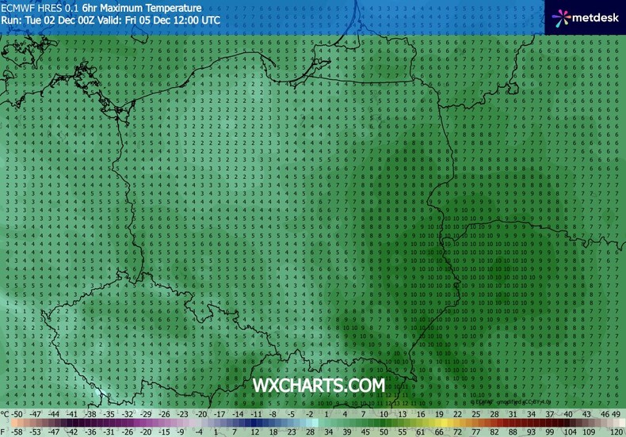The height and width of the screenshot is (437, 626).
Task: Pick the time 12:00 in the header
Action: (x=183, y=19)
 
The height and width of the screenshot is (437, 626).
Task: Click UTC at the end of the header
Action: (x=211, y=19)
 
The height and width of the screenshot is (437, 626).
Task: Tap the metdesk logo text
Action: (x=594, y=16)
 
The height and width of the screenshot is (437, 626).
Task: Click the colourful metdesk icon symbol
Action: (x=561, y=16)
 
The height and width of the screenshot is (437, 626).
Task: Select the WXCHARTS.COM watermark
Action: (x=319, y=385)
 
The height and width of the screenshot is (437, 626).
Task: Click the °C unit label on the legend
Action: (x=6, y=413)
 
